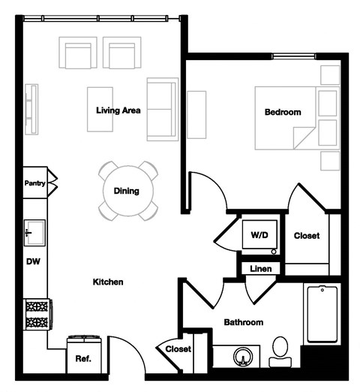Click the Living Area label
point(119,110)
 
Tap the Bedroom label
point(283,113)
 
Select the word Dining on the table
point(127,191)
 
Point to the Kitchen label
point(107,282)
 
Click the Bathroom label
point(244,322)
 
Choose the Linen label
point(260,268)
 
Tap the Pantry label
point(34,182)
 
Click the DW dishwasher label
point(32,261)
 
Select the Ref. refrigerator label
point(83,359)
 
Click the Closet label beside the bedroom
point(306,236)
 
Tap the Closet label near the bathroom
point(178,349)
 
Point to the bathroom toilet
point(280,352)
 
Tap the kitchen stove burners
point(36,313)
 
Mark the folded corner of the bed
point(304,137)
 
